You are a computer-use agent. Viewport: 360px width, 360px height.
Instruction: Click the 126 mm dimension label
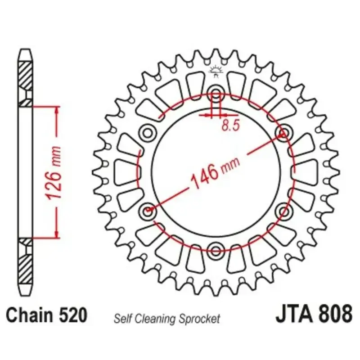[x=54, y=173]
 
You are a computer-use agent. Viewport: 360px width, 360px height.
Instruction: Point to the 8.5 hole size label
[x=230, y=126]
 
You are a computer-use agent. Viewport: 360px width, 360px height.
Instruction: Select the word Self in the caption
[x=123, y=319]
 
